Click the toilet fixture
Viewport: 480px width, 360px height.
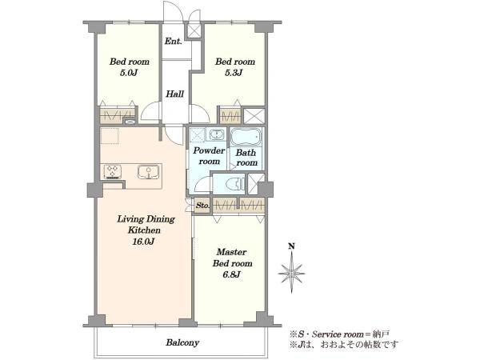pos(234,184)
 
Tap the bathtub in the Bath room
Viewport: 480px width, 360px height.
pos(246,137)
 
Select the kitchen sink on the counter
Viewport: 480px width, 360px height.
pos(149,172)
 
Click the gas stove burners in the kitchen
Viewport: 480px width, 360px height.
pos(113,172)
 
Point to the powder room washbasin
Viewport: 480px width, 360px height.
pos(216,134)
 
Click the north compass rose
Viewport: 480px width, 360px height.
pos(292,273)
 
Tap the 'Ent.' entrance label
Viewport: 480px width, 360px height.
pos(174,41)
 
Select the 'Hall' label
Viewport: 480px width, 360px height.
pos(174,94)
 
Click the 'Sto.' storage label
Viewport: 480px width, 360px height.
pos(202,206)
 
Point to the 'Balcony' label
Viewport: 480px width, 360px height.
pos(182,342)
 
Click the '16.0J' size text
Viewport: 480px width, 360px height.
pos(143,242)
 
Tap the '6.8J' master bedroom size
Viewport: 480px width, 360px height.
pos(232,274)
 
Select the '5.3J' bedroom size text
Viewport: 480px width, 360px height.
pos(234,73)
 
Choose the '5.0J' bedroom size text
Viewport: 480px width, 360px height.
pos(129,73)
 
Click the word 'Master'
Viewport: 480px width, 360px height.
pos(231,252)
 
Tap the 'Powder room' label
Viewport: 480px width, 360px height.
pos(209,156)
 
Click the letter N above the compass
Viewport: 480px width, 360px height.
pos(292,246)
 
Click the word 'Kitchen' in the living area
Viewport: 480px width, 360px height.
pos(144,230)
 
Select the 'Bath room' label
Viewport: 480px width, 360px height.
pos(246,158)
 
